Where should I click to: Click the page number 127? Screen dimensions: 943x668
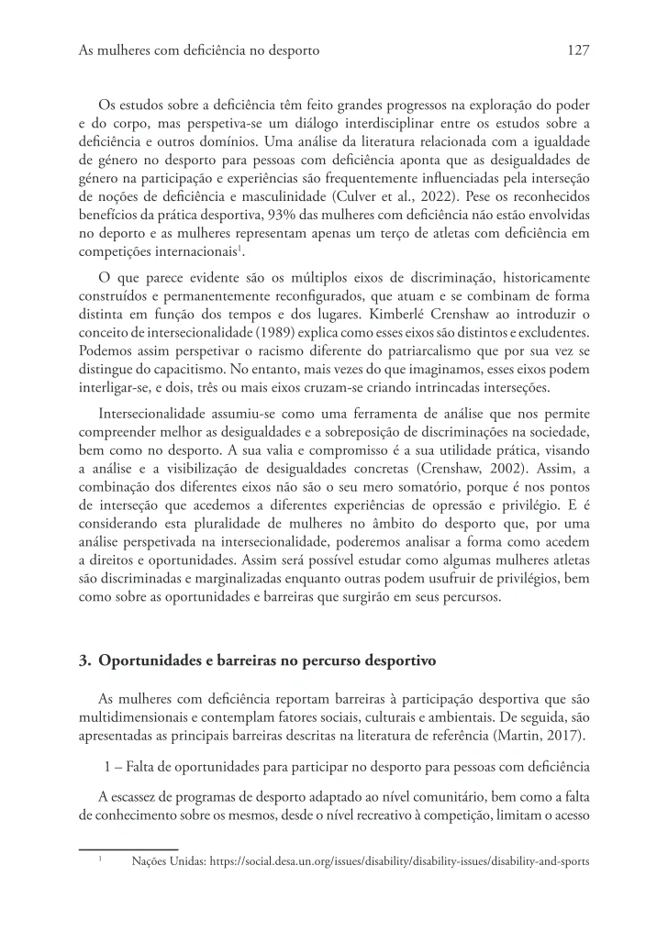click(x=577, y=51)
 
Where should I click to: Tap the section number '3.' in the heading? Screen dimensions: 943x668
click(x=85, y=660)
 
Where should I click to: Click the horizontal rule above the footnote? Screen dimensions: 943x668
click(x=128, y=849)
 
